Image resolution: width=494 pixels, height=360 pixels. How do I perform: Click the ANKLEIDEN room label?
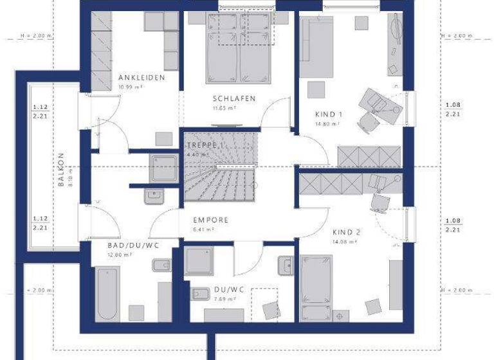coord(142,77)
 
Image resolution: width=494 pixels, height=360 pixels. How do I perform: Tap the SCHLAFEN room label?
coord(235,98)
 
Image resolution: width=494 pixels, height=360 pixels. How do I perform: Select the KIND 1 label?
coord(329,114)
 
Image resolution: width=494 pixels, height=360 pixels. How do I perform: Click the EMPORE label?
coord(210,219)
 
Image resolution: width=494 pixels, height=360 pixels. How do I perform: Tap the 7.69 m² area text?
coord(223,299)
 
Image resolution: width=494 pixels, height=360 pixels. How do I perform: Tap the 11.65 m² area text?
coord(224,108)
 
